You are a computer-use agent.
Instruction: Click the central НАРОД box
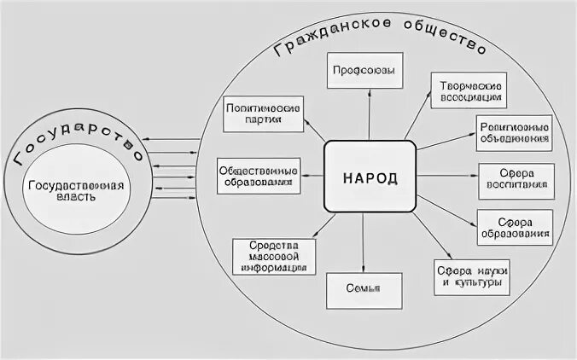(370, 176)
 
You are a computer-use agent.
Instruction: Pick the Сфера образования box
(513, 225)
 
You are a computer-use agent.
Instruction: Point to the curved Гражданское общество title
(380, 34)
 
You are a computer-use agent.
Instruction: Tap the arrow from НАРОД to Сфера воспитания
(446, 177)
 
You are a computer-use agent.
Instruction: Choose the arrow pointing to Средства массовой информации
(314, 226)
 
